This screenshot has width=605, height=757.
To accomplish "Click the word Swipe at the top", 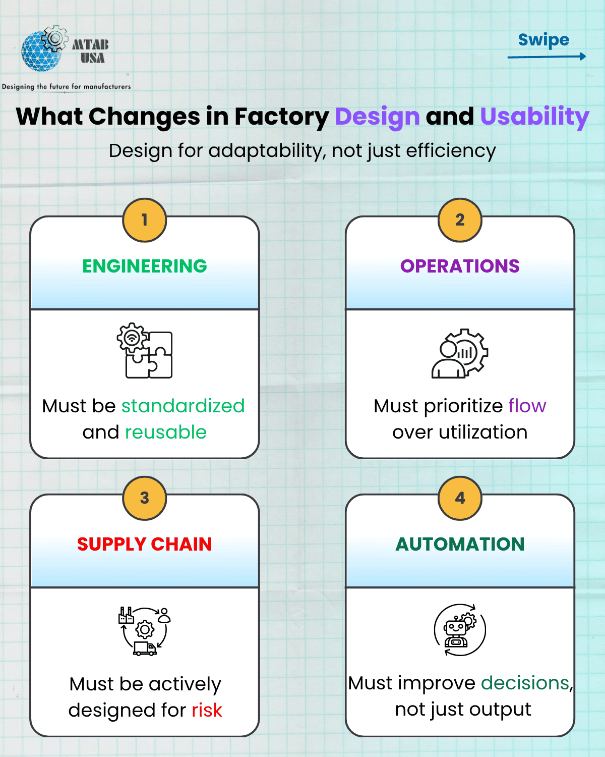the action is [543, 40].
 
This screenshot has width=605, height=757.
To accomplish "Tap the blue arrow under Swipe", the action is [547, 57].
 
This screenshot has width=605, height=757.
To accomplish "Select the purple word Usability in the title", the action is [534, 117].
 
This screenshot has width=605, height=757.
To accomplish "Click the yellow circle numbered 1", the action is [145, 220].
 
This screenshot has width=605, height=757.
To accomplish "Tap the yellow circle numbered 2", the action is [460, 220].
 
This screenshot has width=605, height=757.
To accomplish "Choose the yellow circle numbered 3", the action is [145, 498].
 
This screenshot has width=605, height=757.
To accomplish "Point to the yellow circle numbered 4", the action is [460, 498].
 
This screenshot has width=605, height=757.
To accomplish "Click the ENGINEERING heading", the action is [145, 266].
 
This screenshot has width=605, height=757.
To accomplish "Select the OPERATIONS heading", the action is [460, 266].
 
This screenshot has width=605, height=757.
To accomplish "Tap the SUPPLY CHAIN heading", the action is [145, 544].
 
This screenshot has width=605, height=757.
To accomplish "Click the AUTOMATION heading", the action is [460, 544].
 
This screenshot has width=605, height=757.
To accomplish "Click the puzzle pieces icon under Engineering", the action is [145, 350].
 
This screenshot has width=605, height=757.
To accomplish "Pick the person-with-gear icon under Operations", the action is [460, 353].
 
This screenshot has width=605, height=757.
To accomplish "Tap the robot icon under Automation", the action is [460, 630].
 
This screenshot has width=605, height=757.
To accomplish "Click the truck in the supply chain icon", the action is [145, 648].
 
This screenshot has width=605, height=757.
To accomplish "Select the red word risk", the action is [207, 710].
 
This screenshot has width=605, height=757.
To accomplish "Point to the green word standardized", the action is [183, 406].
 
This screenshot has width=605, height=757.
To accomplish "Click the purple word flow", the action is [527, 406].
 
